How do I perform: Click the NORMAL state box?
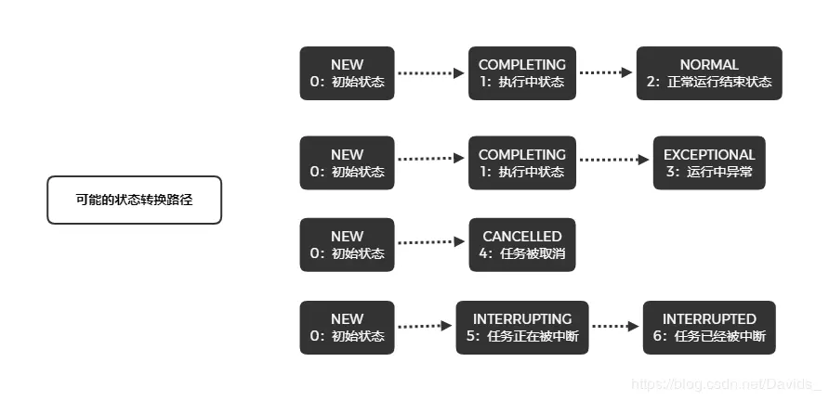click(x=709, y=73)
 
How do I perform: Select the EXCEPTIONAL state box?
click(x=709, y=163)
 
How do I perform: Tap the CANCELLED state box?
click(x=521, y=245)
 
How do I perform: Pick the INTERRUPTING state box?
click(x=522, y=328)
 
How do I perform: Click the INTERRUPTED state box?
click(x=709, y=328)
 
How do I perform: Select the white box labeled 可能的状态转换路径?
click(x=135, y=200)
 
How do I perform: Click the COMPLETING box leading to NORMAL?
click(x=521, y=73)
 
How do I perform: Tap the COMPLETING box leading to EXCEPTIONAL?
click(x=521, y=163)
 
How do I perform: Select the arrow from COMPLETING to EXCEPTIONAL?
click(x=613, y=160)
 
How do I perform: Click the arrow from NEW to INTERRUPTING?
click(x=425, y=326)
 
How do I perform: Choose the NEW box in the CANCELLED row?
click(x=347, y=245)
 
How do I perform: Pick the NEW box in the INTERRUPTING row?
click(x=347, y=328)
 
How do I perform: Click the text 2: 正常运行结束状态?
click(x=709, y=82)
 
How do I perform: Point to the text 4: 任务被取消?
click(x=521, y=253)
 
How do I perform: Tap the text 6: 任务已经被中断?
click(x=709, y=336)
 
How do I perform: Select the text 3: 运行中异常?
click(x=709, y=172)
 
